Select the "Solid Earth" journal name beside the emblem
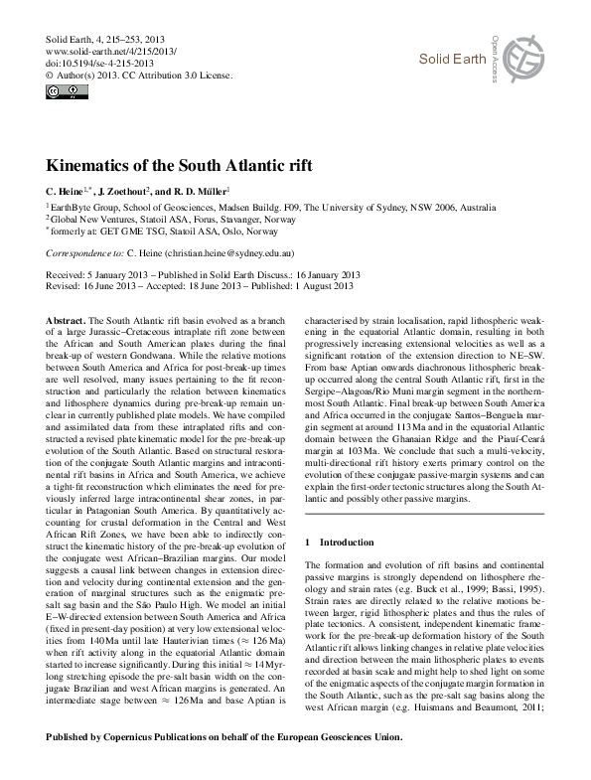point(451,62)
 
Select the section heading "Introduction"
point(349,543)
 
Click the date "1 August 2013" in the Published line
point(321,285)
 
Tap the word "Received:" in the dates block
point(68,274)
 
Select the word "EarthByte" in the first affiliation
point(73,207)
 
